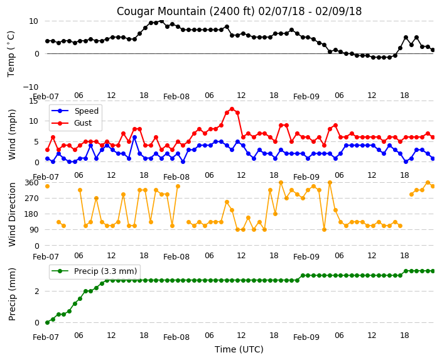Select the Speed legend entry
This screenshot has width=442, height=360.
(75, 111)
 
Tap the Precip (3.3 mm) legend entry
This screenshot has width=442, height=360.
(94, 271)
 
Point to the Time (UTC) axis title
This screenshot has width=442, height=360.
(239, 349)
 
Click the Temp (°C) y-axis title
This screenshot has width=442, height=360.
(11, 54)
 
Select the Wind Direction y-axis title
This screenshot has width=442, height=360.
(11, 214)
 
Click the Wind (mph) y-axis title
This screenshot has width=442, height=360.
(11, 134)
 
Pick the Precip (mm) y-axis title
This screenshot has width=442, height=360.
(11, 294)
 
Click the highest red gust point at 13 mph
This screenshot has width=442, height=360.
(232, 109)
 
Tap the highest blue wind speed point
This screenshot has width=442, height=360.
(134, 138)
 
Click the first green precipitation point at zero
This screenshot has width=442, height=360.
(47, 322)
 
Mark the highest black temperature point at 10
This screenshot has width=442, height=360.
(161, 21)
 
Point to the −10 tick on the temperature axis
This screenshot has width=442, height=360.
(31, 87)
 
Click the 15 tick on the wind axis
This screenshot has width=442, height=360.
(33, 101)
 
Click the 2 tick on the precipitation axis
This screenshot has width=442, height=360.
(36, 291)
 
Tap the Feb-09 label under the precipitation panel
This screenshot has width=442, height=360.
(306, 337)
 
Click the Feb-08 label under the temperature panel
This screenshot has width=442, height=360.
(176, 97)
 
